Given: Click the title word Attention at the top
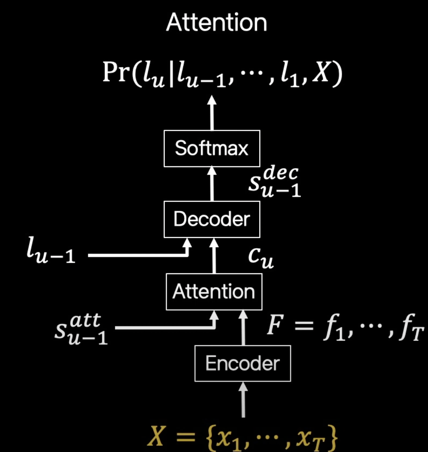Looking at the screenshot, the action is [x=217, y=23].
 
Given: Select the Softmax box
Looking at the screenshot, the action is [x=212, y=148].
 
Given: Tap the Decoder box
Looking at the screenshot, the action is [x=212, y=219].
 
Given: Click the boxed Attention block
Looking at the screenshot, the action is [x=214, y=292].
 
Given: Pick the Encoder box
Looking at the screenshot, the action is [x=243, y=363].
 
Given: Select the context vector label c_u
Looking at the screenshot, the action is [x=261, y=257].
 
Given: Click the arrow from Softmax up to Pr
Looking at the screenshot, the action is [x=212, y=113].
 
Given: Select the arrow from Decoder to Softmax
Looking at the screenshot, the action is [x=212, y=184].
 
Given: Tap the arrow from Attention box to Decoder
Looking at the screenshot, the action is [x=214, y=256].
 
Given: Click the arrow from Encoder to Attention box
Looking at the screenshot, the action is [x=243, y=328].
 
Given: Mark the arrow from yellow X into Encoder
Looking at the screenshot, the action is [x=243, y=399].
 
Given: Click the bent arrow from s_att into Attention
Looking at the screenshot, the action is [x=165, y=327].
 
